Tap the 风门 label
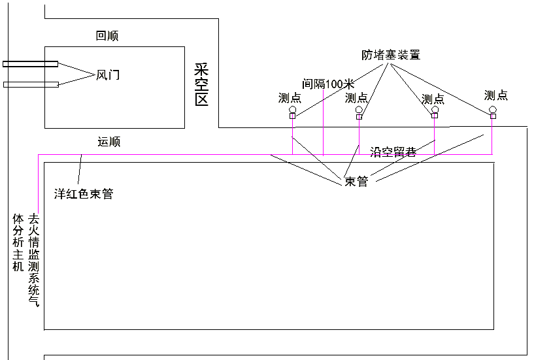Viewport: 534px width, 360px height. click(x=108, y=75)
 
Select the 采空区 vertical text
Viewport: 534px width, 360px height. click(x=201, y=85)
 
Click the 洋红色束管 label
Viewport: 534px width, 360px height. click(x=84, y=194)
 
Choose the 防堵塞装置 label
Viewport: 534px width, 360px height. click(x=391, y=55)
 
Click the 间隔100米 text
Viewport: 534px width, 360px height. click(x=327, y=84)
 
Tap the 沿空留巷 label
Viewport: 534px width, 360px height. click(x=393, y=150)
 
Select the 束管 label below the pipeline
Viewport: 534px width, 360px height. click(x=356, y=182)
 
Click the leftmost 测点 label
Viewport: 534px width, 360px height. click(x=290, y=98)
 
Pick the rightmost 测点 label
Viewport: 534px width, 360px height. click(x=496, y=95)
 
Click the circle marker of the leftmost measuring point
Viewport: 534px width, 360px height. click(x=292, y=109)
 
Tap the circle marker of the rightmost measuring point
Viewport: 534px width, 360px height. click(x=493, y=109)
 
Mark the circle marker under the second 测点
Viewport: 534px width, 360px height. click(x=359, y=109)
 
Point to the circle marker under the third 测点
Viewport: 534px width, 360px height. click(x=435, y=109)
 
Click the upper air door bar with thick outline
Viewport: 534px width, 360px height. click(x=30, y=64)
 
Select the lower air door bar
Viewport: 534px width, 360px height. click(x=30, y=84)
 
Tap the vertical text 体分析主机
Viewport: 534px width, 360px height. click(x=18, y=242)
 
